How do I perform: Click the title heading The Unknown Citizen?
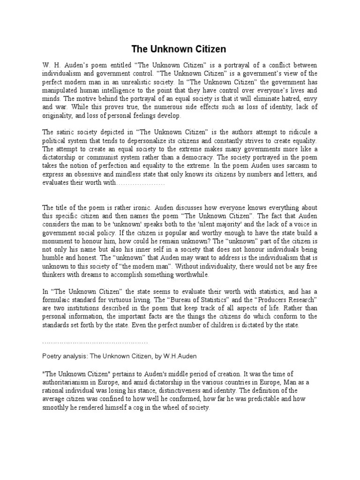tap(178, 49)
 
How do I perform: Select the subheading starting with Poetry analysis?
tap(112, 357)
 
